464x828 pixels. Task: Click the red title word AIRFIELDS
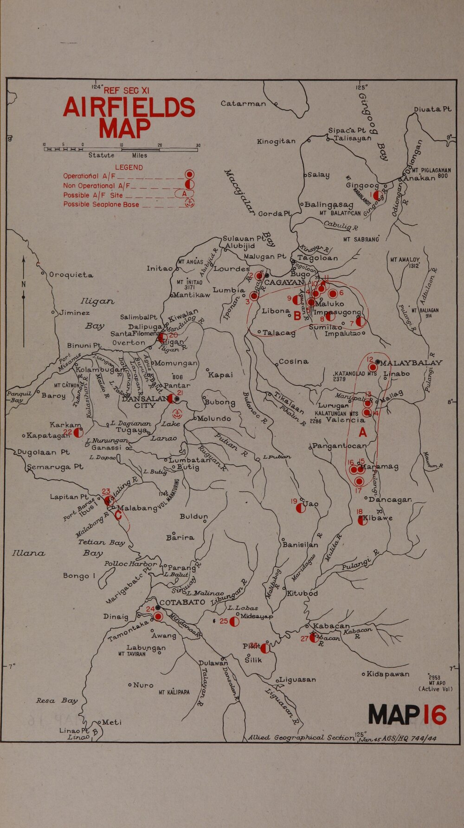tap(129, 108)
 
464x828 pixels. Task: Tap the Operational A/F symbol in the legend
tap(189, 175)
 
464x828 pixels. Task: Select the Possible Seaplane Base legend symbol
tap(189, 203)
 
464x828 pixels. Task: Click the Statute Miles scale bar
tap(121, 149)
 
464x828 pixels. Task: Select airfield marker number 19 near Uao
tap(301, 508)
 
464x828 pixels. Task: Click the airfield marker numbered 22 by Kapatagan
tap(78, 433)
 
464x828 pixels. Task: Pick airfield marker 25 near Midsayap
tap(234, 621)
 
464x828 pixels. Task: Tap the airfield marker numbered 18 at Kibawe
tap(362, 520)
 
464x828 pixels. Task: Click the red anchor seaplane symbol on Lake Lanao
tap(177, 414)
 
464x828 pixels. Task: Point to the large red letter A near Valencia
tap(363, 432)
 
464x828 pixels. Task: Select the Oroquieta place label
tap(71, 275)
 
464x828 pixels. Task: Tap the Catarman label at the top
tap(243, 103)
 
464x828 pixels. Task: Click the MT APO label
tap(437, 683)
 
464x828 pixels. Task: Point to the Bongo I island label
tap(79, 576)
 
